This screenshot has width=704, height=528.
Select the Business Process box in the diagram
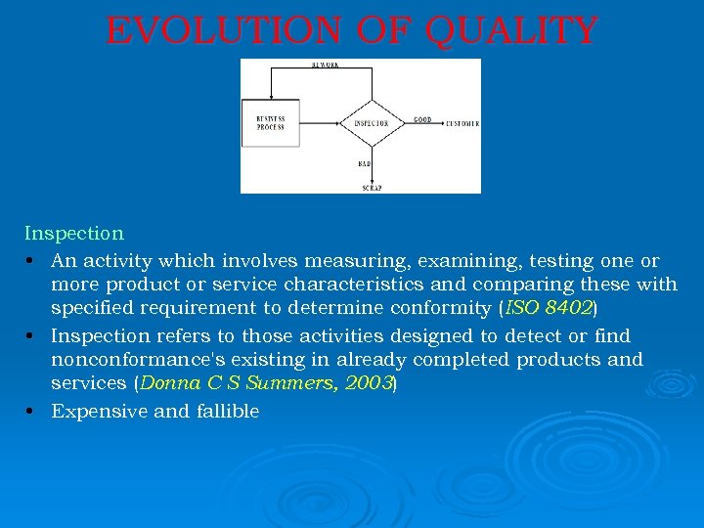tap(271, 123)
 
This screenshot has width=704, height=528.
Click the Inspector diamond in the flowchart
tap(371, 123)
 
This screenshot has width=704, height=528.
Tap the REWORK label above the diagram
tap(326, 65)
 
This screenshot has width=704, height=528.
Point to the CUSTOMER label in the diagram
tap(462, 124)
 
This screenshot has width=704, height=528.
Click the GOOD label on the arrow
tap(421, 119)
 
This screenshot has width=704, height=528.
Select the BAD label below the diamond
tap(364, 164)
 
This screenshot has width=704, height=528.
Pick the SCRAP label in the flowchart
tap(372, 187)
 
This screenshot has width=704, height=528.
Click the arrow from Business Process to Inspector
tap(320, 123)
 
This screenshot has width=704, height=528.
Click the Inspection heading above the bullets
tap(74, 234)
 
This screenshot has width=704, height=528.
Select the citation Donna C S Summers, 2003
tap(266, 384)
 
